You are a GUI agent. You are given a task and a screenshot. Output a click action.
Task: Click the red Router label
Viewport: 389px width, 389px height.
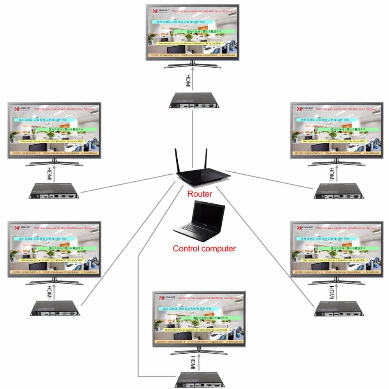pyautogui.click(x=200, y=194)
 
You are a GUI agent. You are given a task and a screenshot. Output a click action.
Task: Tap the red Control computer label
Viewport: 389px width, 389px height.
pyautogui.click(x=204, y=248)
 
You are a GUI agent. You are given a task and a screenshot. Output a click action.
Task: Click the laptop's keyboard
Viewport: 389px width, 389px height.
pyautogui.click(x=194, y=230)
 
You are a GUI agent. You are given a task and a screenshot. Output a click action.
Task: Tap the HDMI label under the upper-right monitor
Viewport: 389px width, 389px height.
pyautogui.click(x=332, y=173)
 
